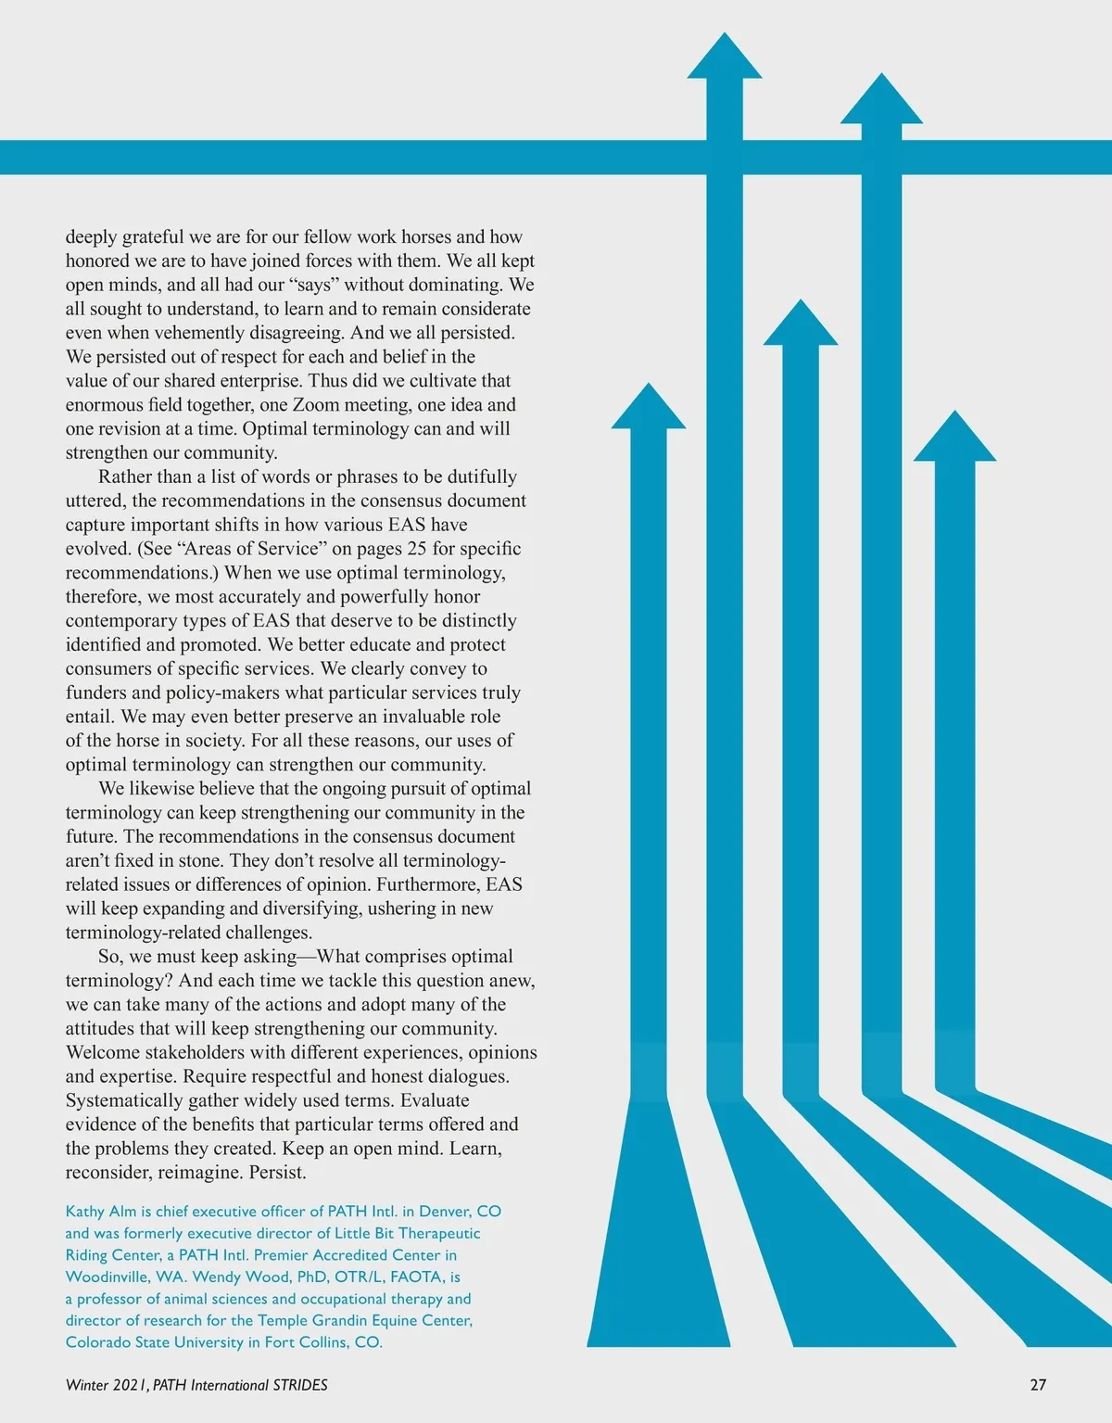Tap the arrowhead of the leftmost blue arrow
pyautogui.click(x=649, y=409)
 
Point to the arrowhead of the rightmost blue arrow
pyautogui.click(x=954, y=439)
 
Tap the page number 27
pyautogui.click(x=1038, y=1385)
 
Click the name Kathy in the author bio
pyautogui.click(x=85, y=1212)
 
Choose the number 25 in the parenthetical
pyautogui.click(x=417, y=549)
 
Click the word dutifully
pyautogui.click(x=482, y=477)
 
